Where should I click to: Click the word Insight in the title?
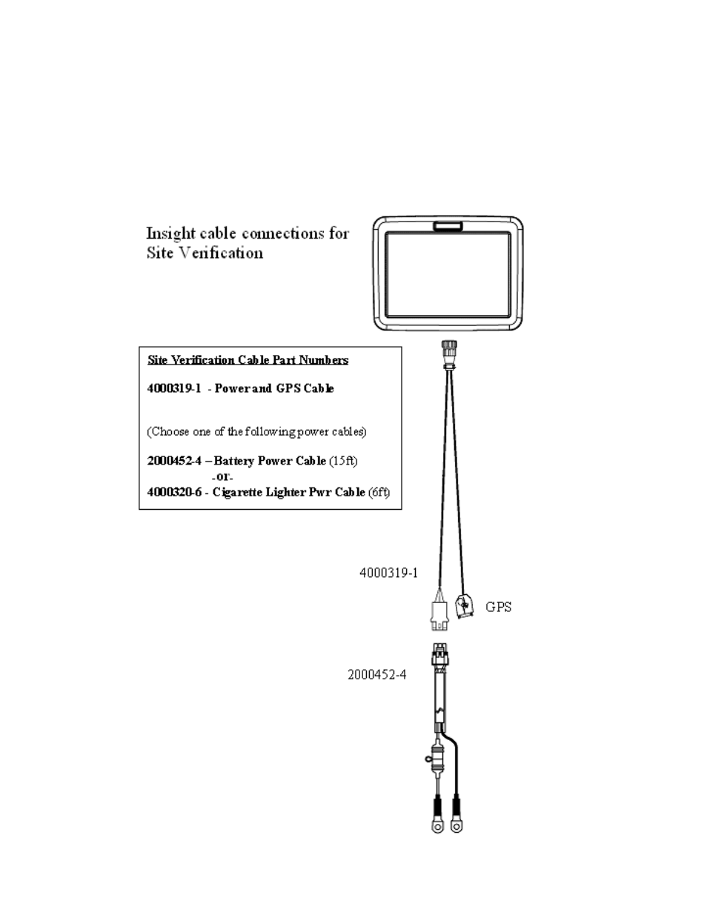[x=170, y=234]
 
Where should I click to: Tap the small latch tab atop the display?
[x=448, y=227]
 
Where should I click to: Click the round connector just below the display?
[x=449, y=349]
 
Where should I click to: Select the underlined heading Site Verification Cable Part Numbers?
[x=248, y=360]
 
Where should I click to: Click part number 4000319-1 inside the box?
[x=174, y=388]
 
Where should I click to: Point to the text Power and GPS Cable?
[x=274, y=388]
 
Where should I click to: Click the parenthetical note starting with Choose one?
[x=256, y=432]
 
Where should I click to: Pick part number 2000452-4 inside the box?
[x=174, y=461]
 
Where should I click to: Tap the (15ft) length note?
[x=343, y=461]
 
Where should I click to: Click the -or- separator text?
[x=222, y=477]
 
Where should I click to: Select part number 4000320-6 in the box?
[x=174, y=492]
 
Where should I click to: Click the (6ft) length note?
[x=379, y=492]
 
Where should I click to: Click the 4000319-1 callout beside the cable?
[x=388, y=573]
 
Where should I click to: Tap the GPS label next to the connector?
[x=499, y=608]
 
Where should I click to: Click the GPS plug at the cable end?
[x=464, y=606]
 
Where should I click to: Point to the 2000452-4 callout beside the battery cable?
[x=377, y=675]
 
